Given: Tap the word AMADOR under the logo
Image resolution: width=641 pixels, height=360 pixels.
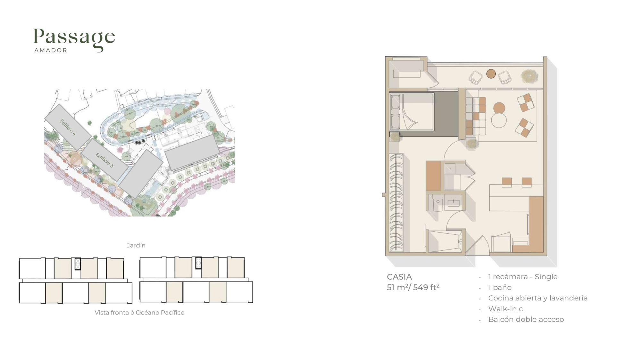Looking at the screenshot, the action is coord(51,50).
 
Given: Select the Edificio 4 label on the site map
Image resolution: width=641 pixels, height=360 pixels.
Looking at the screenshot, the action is coord(68,127).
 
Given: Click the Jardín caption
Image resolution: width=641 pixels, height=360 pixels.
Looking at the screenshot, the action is coord(136,245).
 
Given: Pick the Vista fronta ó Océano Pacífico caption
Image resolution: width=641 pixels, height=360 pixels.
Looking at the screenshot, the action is coord(139,313).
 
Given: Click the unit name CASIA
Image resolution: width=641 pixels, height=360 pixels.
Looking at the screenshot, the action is coord(399,277).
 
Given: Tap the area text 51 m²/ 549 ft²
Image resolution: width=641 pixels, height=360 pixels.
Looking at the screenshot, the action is coord(413,287).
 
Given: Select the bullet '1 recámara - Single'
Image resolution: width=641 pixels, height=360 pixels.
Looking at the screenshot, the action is coord(523,277).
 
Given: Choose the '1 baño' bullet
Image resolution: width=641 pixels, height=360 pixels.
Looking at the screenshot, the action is coord(500,287).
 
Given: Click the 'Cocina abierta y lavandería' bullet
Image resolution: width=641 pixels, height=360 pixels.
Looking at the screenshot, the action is coord(538,298).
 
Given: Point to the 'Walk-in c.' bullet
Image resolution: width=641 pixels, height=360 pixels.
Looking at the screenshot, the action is coord(506,309).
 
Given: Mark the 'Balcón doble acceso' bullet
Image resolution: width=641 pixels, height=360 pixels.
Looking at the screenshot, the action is coord(526,319).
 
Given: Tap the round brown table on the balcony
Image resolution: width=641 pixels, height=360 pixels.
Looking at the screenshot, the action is coord(491,74).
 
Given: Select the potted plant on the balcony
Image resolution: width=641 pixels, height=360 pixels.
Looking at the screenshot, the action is coord(529,76).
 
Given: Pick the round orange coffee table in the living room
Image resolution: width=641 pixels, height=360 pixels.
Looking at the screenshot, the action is coord(499,108).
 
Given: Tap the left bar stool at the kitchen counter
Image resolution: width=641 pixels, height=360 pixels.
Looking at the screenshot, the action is coord(507,182).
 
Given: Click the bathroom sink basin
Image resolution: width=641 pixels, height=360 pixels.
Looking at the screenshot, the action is coord(454,202).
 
